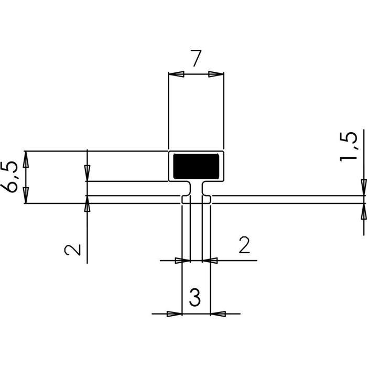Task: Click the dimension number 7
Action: (196, 59)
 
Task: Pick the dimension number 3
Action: (195, 298)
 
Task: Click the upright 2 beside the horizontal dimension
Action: (244, 245)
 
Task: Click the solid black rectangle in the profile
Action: (196, 166)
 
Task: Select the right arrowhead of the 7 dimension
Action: (215, 74)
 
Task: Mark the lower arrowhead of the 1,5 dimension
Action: (363, 210)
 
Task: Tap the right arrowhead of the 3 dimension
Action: (218, 314)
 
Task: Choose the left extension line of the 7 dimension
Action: (168, 110)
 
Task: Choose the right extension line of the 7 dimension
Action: (224, 110)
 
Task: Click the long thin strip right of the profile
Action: (288, 199)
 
